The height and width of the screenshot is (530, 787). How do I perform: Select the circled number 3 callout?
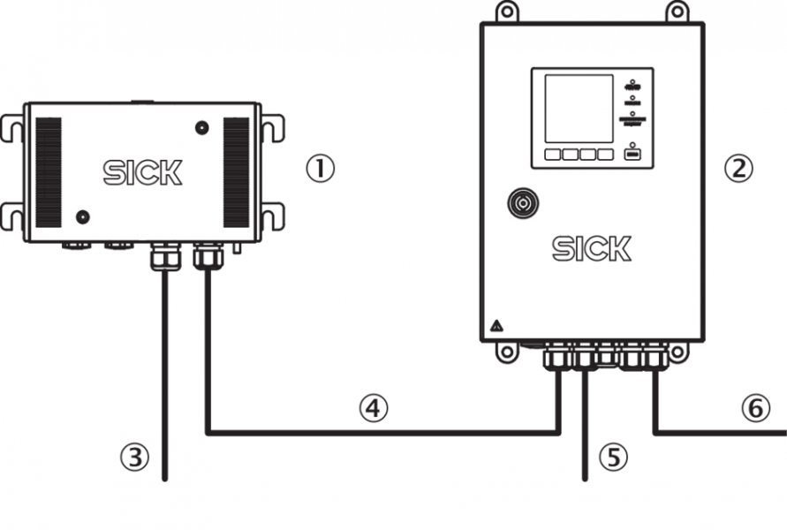click(132, 456)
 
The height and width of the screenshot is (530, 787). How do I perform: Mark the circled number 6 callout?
click(753, 407)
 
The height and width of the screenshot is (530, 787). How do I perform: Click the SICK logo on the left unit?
click(142, 173)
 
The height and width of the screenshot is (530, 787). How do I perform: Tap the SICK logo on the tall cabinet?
click(592, 249)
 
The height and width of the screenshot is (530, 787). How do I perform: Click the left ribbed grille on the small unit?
click(49, 172)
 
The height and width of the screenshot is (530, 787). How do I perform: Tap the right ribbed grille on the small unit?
click(236, 172)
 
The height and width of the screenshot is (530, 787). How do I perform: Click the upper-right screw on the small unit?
click(202, 128)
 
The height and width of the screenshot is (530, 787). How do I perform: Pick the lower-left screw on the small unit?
click(83, 216)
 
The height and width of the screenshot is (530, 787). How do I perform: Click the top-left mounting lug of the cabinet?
click(506, 12)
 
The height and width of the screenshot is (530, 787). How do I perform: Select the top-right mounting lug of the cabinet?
click(677, 12)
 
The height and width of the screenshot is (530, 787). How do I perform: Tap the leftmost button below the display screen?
click(552, 155)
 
